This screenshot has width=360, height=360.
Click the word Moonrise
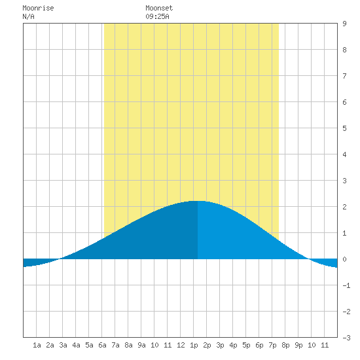(x=38, y=8)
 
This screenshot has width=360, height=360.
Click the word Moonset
(x=159, y=8)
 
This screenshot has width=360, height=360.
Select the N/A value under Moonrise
(x=28, y=16)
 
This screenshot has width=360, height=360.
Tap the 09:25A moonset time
(x=157, y=16)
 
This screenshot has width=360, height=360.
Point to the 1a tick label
(x=37, y=345)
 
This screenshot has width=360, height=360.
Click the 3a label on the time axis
(x=63, y=345)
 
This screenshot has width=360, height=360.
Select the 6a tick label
(x=102, y=345)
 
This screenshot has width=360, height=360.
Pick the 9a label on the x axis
(x=141, y=345)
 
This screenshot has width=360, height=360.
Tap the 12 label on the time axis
(x=181, y=345)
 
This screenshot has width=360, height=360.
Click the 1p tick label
(x=194, y=345)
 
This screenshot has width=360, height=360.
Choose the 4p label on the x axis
(x=233, y=345)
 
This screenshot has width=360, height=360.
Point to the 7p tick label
(x=272, y=345)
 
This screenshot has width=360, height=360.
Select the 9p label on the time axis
(x=298, y=345)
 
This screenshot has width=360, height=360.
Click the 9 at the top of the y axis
(x=344, y=24)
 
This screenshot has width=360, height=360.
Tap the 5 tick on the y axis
(x=344, y=128)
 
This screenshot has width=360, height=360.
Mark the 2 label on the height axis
(x=344, y=207)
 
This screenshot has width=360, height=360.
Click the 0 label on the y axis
(x=344, y=259)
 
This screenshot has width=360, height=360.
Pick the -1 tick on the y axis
(x=346, y=285)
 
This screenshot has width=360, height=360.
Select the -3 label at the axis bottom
(x=346, y=338)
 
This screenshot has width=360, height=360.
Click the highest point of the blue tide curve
(x=198, y=201)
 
